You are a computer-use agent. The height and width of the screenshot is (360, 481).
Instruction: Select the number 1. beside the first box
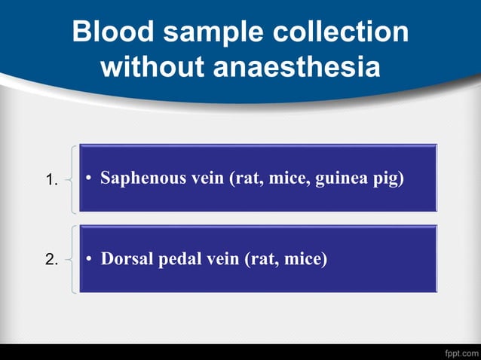point(51,180)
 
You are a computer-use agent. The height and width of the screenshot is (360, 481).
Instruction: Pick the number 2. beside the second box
point(51,260)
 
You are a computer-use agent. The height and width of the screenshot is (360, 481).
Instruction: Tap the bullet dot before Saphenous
point(88,179)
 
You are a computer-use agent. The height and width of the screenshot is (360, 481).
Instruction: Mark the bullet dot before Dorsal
point(88,260)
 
